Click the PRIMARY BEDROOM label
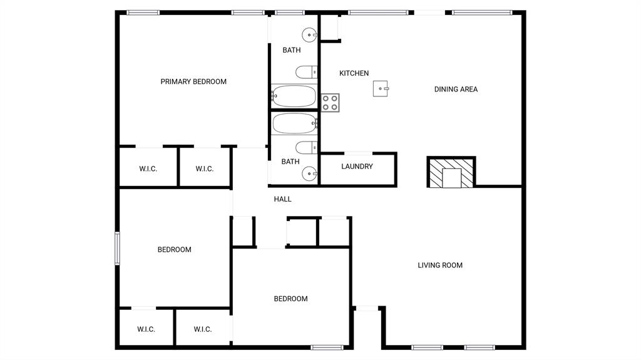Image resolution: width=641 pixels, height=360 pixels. [193, 81]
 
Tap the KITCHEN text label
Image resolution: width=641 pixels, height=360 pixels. [354, 73]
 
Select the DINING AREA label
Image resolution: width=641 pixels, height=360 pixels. [456, 89]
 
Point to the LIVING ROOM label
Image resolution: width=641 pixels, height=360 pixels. [440, 265]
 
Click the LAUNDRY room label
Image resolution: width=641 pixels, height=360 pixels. [357, 167]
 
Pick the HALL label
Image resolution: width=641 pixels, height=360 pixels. [282, 199]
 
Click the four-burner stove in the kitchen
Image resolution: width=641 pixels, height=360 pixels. [331, 103]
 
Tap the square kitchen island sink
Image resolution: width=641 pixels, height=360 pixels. [381, 88]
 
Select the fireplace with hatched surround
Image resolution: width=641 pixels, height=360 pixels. [451, 172]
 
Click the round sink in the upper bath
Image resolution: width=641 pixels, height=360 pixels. [309, 35]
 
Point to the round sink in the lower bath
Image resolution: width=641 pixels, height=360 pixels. [309, 173]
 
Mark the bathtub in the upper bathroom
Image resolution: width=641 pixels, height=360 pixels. [294, 96]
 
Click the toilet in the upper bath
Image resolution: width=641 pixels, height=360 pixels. [307, 73]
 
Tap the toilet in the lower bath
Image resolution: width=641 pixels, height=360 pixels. [307, 148]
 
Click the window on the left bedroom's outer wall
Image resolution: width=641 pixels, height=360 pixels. [117, 249]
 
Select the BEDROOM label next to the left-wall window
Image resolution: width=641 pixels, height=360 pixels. [174, 250]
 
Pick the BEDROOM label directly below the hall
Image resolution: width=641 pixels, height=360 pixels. [290, 299]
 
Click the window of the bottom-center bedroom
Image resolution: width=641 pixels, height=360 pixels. [327, 347]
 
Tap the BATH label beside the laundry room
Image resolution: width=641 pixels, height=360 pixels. [290, 162]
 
